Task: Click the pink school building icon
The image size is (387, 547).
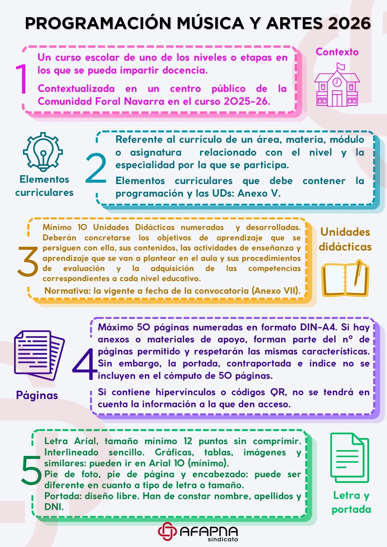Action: [x=337, y=85]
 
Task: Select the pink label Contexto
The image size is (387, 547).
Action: [x=337, y=52]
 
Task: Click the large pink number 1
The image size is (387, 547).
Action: [x=21, y=79]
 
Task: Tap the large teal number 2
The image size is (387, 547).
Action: [x=96, y=168]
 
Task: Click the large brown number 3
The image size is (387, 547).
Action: [x=28, y=261]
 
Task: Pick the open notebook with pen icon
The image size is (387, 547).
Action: [x=345, y=278]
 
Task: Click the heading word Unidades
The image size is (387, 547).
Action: [x=345, y=232]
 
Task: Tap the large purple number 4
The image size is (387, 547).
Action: [x=85, y=364]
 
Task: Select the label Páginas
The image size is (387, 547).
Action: [x=37, y=395]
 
